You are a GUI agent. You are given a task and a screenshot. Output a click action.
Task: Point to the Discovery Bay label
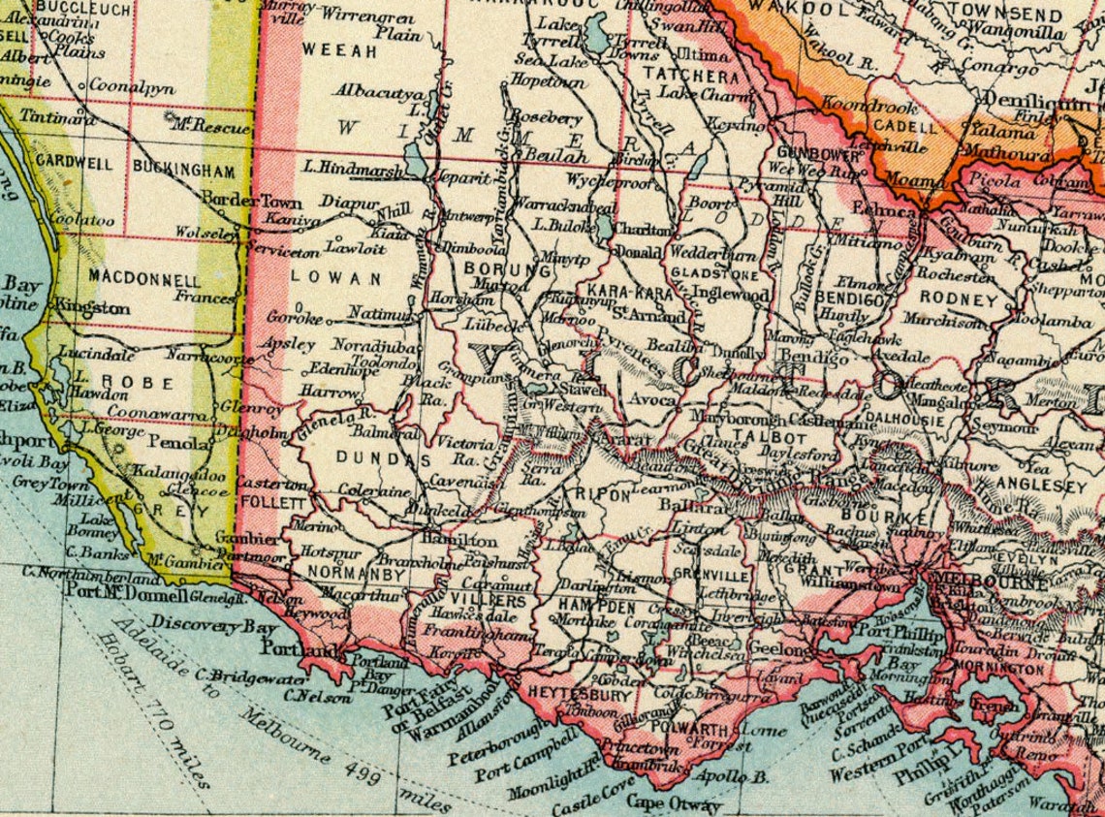(x=198, y=627)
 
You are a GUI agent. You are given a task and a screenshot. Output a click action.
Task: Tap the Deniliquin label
(x=1033, y=101)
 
